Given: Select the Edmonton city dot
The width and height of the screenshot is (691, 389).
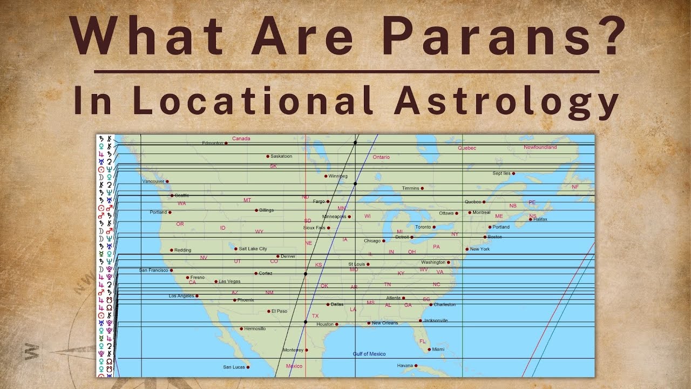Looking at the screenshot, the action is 226,143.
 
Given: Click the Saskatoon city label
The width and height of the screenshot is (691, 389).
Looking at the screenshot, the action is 281,156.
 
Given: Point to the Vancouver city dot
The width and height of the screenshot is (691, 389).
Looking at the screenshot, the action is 167,182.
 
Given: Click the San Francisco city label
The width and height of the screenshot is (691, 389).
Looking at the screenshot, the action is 154,270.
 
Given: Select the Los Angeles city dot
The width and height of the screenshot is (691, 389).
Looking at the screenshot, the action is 197,296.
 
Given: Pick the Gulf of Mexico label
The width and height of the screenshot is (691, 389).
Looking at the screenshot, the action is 369,354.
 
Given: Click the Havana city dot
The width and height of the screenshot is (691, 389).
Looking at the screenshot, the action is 416,366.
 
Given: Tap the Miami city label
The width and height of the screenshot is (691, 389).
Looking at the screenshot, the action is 438,350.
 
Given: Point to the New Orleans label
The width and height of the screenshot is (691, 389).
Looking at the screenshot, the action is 385,323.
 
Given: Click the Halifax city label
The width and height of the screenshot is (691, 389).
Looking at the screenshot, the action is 540,219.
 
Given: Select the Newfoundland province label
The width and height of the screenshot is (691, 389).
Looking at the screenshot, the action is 540,147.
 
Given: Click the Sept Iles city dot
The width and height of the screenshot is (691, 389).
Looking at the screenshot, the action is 513,173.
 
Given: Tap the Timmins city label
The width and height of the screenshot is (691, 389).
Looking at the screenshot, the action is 410,188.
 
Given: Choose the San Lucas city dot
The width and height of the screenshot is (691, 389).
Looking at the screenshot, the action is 248,367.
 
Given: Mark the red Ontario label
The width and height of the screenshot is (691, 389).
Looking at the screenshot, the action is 381,157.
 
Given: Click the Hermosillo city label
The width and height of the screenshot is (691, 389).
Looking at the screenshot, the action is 255,328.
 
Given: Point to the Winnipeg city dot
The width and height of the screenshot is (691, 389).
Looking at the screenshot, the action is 326,176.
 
